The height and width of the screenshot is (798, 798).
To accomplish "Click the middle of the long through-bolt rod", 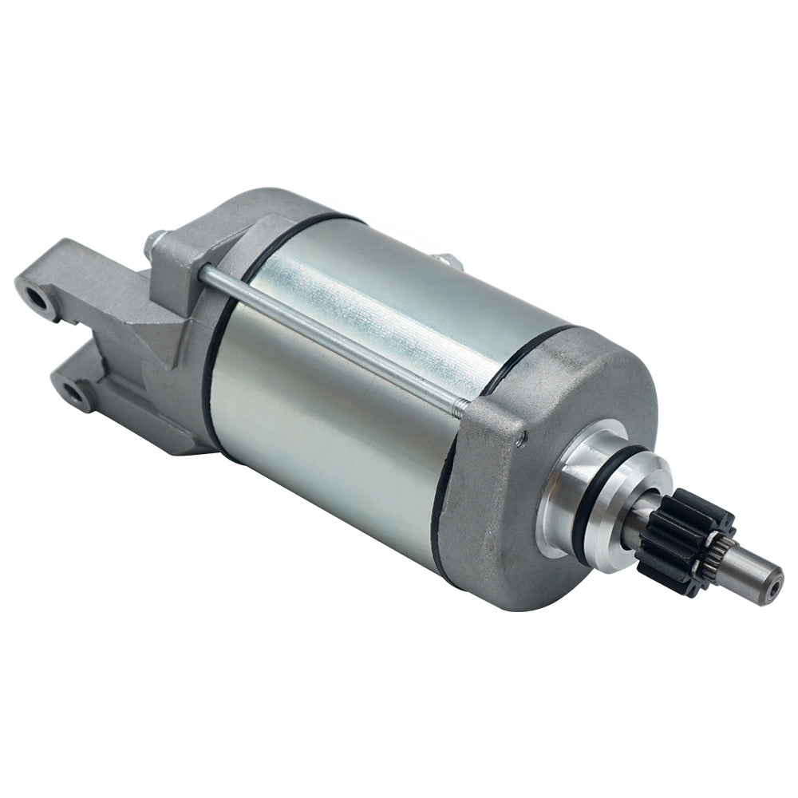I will [x=335, y=339].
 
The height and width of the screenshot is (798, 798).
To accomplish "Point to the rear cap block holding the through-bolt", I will [x=180, y=263].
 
